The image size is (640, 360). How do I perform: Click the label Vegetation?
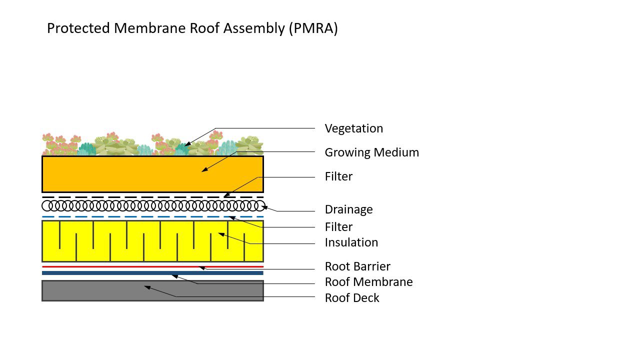[353, 128]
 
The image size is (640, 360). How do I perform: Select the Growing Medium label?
[371, 152]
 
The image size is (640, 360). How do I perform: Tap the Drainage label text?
[348, 209]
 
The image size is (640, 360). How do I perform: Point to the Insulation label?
[351, 242]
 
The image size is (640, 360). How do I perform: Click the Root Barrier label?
[357, 266]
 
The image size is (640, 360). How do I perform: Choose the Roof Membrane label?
[368, 282]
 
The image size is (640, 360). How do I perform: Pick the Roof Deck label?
[351, 298]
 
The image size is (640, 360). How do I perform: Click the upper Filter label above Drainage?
[338, 176]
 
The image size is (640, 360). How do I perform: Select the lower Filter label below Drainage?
[338, 227]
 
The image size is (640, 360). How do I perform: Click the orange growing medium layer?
[125, 174]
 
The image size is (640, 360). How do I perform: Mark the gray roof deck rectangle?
[100, 291]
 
